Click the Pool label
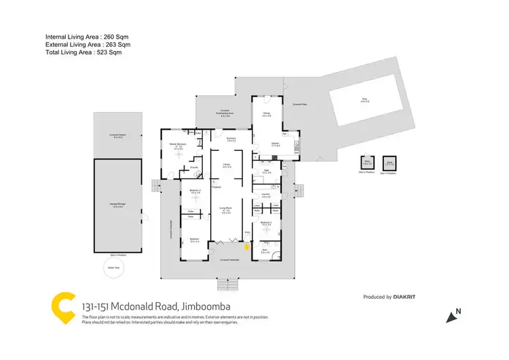click(x=365, y=100)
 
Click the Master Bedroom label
click(x=178, y=145)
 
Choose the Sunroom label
click(x=231, y=139)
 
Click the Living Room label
click(x=226, y=209)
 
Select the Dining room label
click(x=267, y=115)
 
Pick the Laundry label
click(x=266, y=195)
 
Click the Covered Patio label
click(x=301, y=105)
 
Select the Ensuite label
click(x=193, y=166)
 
